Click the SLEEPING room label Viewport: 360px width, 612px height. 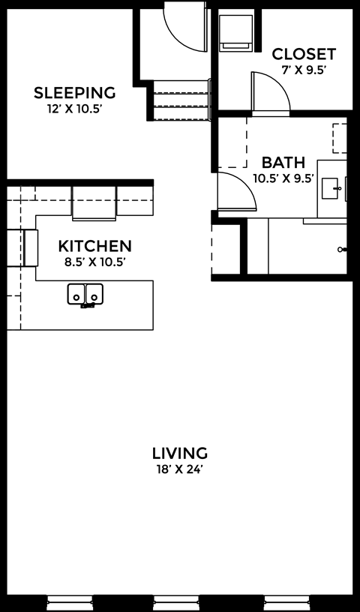click(75, 93)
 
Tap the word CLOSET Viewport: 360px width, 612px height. click(304, 55)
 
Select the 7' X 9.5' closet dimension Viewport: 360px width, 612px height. click(304, 70)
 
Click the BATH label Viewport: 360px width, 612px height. click(283, 163)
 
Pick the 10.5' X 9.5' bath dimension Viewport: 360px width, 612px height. click(283, 178)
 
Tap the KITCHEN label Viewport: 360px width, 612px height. click(94, 246)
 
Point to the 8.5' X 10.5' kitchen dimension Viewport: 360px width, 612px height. click(94, 262)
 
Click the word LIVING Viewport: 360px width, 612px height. click(179, 453)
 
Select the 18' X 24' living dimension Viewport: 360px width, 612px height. click(179, 469)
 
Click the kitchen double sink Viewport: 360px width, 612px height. click(85, 295)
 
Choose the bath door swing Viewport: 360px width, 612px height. click(235, 191)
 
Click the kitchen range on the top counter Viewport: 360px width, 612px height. click(94, 203)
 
